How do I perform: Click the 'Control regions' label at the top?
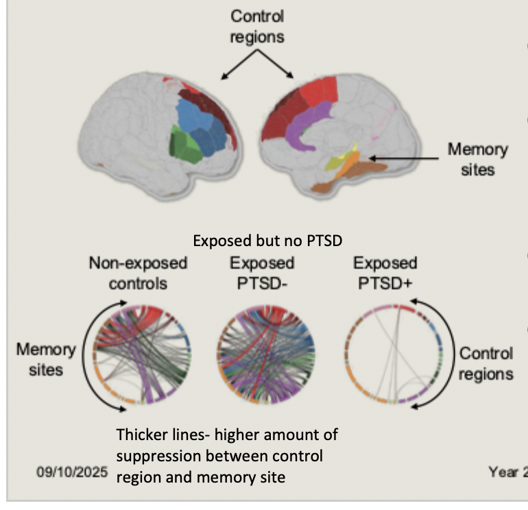tap(256, 27)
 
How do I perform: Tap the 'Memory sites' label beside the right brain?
tap(477, 158)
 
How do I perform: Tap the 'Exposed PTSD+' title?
tap(385, 273)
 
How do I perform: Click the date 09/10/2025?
tap(71, 472)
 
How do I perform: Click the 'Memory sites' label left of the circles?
tap(46, 359)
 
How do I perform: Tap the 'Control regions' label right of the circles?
tap(485, 363)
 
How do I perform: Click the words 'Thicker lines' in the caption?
tap(156, 435)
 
